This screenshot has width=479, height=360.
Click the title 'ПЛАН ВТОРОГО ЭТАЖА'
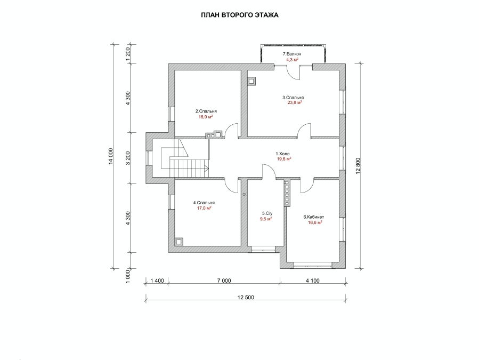click(240, 15)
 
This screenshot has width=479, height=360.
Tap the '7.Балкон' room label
click(292, 54)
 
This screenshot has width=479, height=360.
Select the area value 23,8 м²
click(295, 103)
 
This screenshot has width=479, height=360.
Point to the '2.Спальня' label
click(206, 111)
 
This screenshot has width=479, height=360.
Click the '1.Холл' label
click(282, 154)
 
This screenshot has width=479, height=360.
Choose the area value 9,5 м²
click(266, 219)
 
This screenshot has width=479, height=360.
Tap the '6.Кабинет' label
click(314, 217)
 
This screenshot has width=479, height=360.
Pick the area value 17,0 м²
click(204, 208)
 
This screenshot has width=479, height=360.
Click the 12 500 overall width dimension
click(246, 297)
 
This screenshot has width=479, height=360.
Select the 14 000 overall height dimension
click(111, 156)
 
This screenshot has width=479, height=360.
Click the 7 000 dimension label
click(224, 281)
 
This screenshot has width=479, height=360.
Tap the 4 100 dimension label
click(313, 281)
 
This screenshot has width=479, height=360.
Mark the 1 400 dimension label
click(157, 281)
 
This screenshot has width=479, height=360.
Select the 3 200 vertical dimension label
click(128, 158)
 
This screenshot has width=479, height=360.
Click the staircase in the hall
click(185, 158)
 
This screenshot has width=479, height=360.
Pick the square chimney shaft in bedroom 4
click(178, 242)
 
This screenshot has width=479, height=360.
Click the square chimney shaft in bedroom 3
click(251, 82)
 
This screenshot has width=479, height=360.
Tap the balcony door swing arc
click(294, 72)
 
